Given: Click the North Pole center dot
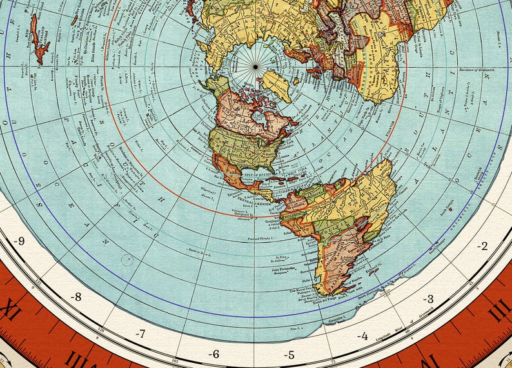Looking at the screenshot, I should [255, 66].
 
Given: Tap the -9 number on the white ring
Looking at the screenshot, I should [19, 242].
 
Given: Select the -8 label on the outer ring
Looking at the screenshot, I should [76, 297].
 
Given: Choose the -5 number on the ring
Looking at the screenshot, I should [290, 354].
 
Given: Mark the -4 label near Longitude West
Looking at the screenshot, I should [362, 336].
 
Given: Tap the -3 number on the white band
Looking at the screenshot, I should [428, 298].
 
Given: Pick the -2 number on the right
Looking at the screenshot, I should [482, 246].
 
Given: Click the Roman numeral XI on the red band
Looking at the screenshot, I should [9, 312].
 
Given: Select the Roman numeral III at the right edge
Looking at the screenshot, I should [498, 309].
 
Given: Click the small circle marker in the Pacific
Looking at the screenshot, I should [126, 260].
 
